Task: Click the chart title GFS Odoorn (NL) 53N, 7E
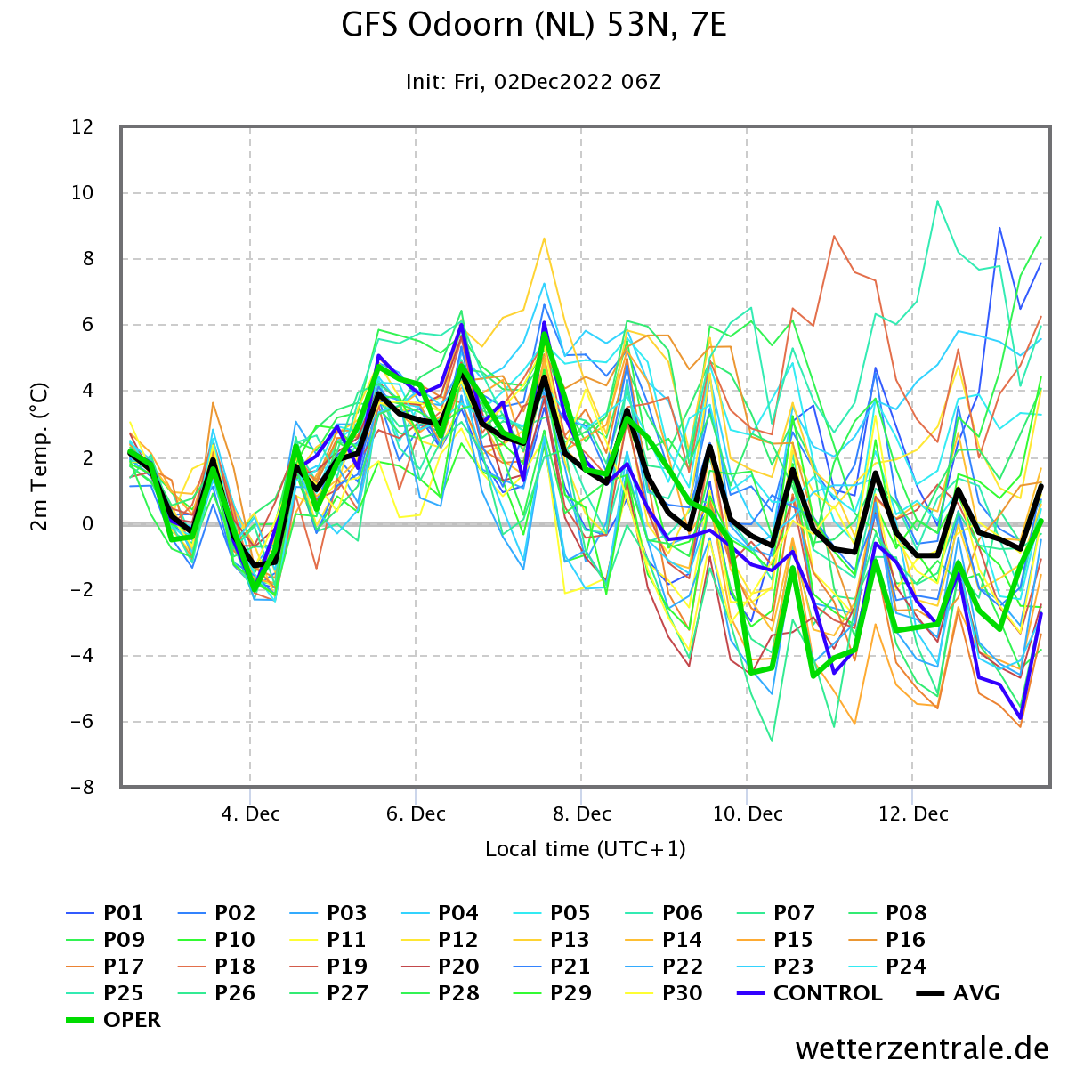tap(533, 26)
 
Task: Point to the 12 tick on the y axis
tap(82, 127)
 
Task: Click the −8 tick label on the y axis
tap(82, 787)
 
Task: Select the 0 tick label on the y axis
tap(87, 523)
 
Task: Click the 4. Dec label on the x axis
tap(250, 814)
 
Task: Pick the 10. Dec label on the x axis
tap(747, 814)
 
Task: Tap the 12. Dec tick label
tap(913, 814)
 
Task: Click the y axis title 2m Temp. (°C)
tap(39, 457)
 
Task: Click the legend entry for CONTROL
tap(809, 992)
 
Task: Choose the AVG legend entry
tap(959, 992)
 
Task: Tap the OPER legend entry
tap(113, 1019)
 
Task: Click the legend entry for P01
tap(105, 913)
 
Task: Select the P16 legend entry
tap(887, 940)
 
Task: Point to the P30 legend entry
tap(664, 992)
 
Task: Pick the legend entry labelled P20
tap(440, 966)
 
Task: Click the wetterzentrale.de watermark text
tap(922, 1048)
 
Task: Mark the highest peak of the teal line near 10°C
tap(937, 201)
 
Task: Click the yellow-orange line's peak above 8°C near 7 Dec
tap(545, 239)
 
